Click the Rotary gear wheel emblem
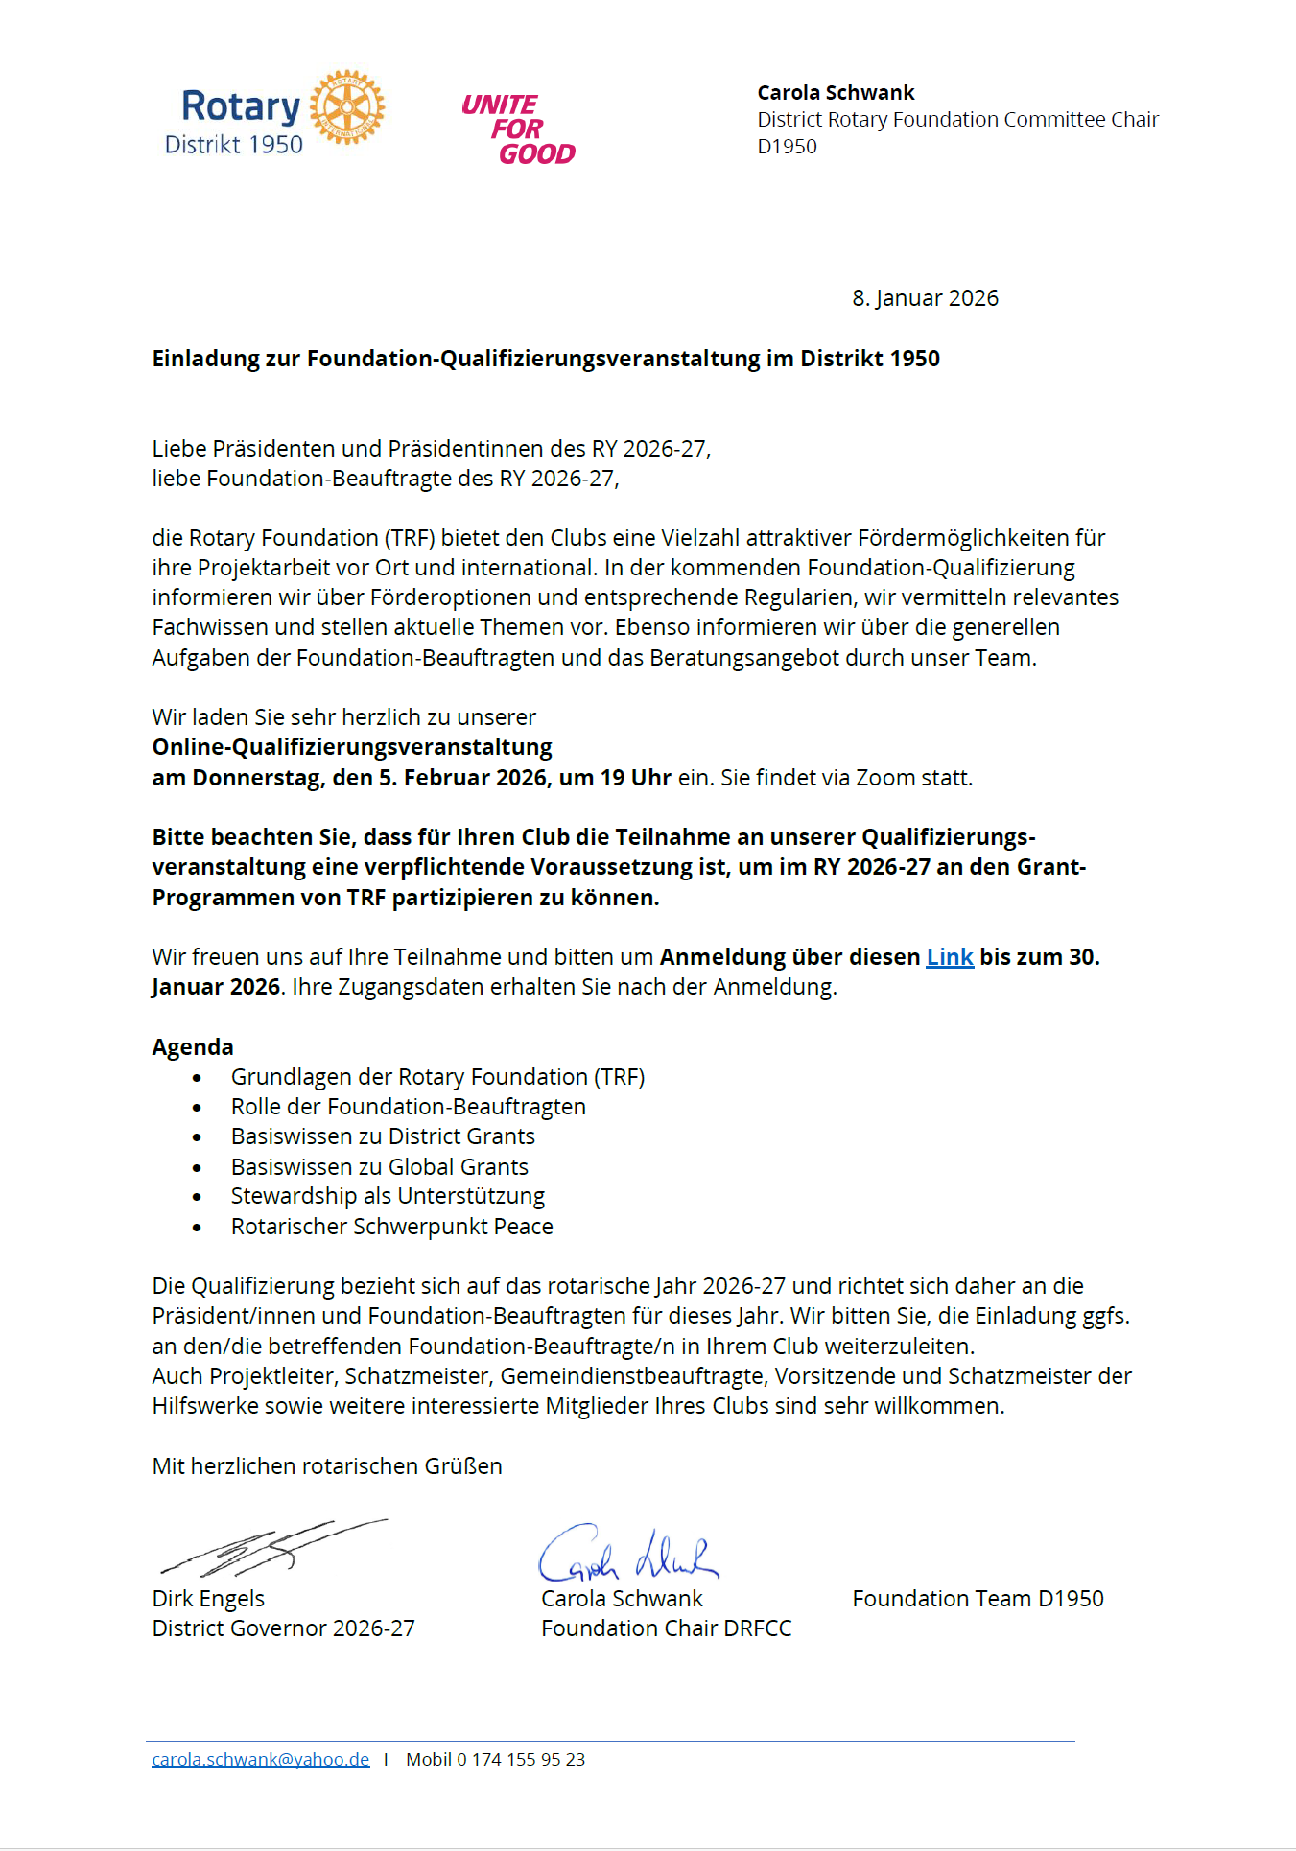pyautogui.click(x=347, y=106)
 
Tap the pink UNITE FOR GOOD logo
pyautogui.click(x=518, y=129)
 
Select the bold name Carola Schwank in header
pyautogui.click(x=836, y=93)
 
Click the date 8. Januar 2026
pyautogui.click(x=925, y=298)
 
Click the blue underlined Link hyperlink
pyautogui.click(x=950, y=957)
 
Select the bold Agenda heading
pyautogui.click(x=193, y=1047)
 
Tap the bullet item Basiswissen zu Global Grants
pyautogui.click(x=379, y=1167)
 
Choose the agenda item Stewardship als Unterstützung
pyautogui.click(x=388, y=1197)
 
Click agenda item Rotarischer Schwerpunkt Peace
pyautogui.click(x=391, y=1227)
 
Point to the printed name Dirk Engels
pyautogui.click(x=208, y=1599)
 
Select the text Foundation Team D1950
pyautogui.click(x=978, y=1599)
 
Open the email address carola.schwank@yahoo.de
pyautogui.click(x=260, y=1760)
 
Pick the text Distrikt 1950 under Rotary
pyautogui.click(x=234, y=145)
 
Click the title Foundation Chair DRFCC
pyautogui.click(x=666, y=1628)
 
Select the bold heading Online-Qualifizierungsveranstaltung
pyautogui.click(x=352, y=747)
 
